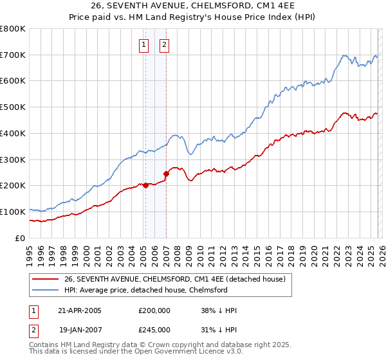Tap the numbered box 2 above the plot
click(164, 45)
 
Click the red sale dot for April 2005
click(145, 185)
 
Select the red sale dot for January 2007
click(166, 174)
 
